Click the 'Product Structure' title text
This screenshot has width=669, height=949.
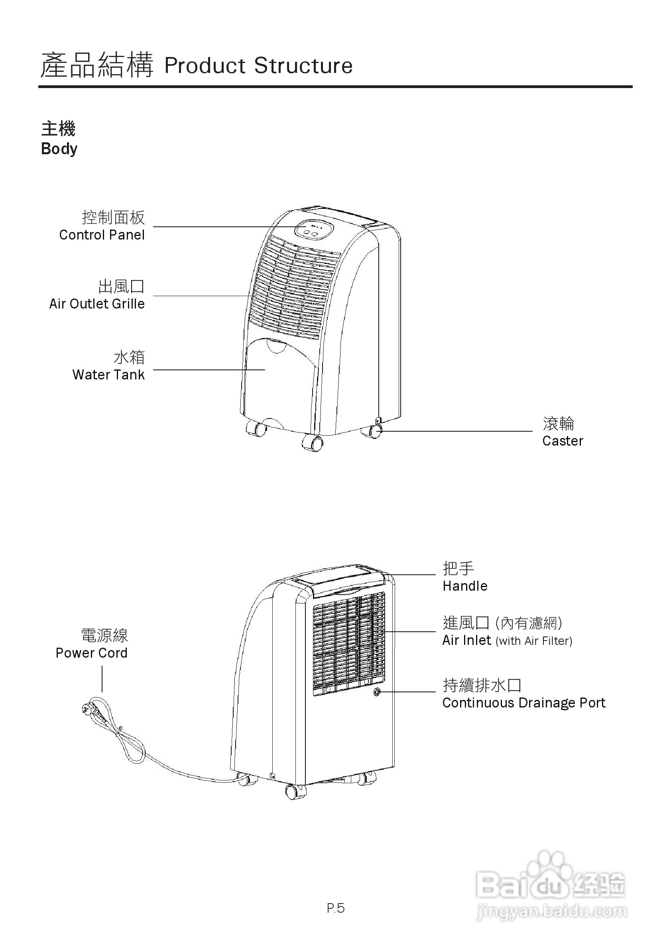pos(258,66)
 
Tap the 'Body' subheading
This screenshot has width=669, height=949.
pos(59,149)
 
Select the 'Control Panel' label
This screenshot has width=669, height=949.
pos(102,235)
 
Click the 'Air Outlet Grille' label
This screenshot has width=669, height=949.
pos(97,304)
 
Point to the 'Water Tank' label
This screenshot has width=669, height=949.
pos(108,375)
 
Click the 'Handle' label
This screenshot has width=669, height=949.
pos(465,586)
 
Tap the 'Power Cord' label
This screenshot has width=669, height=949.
pos(91,653)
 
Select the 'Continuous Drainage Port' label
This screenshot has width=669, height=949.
pos(523,703)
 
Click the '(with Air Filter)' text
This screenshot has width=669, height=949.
pos(534,641)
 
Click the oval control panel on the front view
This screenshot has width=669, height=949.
pos(313,229)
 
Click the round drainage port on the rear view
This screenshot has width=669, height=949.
pos(377,692)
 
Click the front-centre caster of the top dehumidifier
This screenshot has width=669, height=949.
pos(313,443)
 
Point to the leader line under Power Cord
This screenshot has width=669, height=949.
pos(102,679)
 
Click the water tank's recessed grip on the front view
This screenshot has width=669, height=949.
pos(277,346)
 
